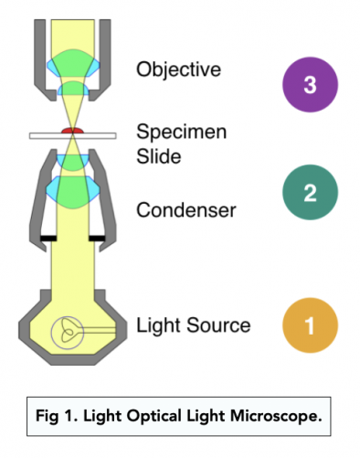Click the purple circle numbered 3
coord(309,86)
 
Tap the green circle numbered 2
coord(309,193)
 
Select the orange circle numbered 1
coord(309,325)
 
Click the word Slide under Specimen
coord(159,154)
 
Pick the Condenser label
coord(185,210)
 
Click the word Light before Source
coord(157,325)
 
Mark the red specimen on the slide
coord(71,133)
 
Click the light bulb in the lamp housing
coord(68,329)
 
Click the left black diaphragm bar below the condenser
coord(42,240)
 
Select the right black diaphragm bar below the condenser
coord(100,240)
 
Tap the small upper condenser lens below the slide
coord(71,158)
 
